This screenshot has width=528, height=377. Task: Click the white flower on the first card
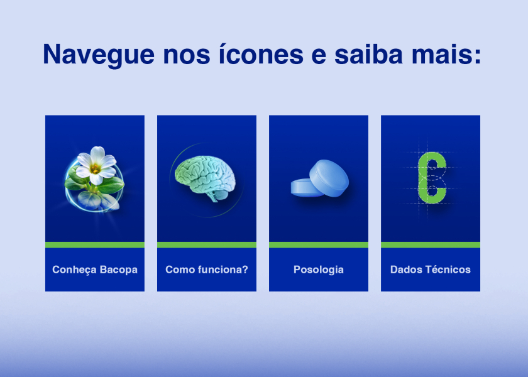click(x=96, y=165)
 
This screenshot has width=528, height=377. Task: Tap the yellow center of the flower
click(x=96, y=168)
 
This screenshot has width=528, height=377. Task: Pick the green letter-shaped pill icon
click(x=432, y=178)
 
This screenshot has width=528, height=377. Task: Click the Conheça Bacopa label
click(x=95, y=270)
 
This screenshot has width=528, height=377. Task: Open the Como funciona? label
click(x=206, y=270)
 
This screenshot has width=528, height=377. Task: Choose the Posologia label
click(x=319, y=270)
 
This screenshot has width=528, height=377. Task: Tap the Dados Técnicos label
click(x=431, y=270)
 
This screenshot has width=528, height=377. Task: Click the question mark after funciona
click(x=245, y=270)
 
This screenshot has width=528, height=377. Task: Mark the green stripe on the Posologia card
click(x=319, y=244)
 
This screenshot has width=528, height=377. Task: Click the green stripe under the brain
click(x=207, y=244)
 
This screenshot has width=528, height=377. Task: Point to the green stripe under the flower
click(x=95, y=244)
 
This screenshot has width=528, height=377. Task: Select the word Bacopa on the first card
click(x=119, y=270)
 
